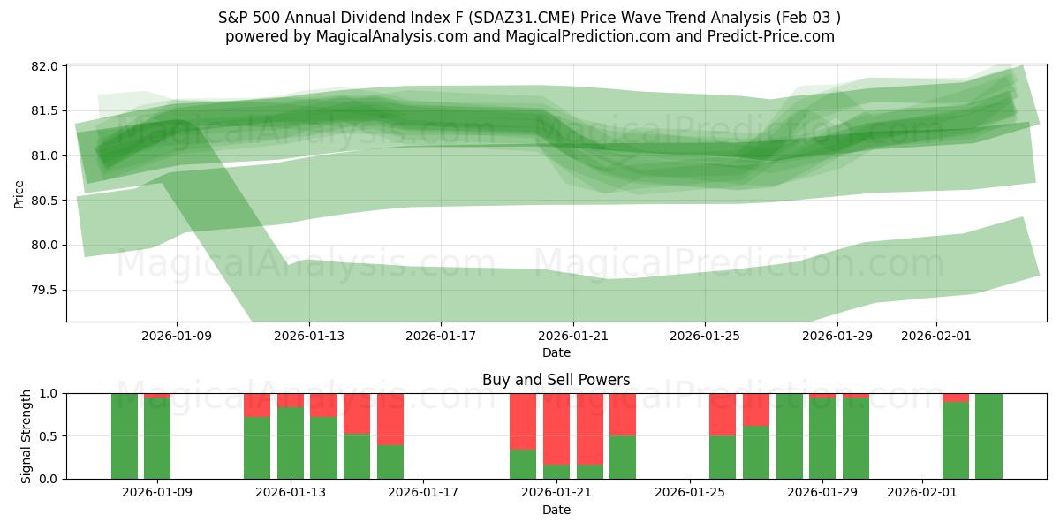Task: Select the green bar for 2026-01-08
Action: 125,435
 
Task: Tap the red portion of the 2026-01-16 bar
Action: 390,419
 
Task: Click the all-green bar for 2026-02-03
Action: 988,435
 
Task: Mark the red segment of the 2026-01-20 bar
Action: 523,421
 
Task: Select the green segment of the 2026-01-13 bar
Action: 291,443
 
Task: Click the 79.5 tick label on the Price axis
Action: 48,291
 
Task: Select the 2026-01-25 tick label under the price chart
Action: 705,337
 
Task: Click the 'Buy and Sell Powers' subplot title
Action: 556,380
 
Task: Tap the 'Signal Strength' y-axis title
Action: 26,435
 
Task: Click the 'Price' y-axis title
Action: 19,193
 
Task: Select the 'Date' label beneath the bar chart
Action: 556,510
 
